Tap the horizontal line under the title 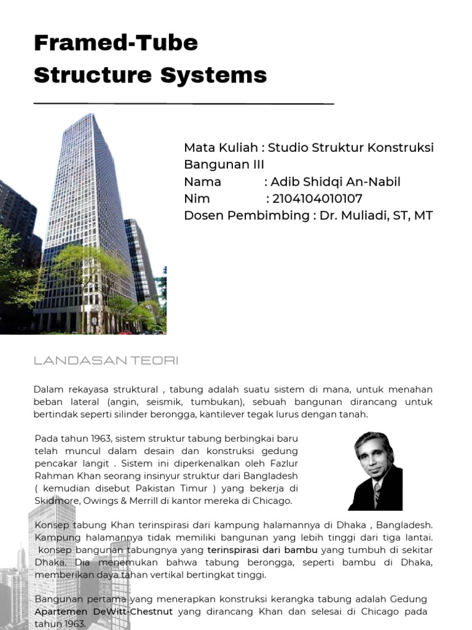pos(184,103)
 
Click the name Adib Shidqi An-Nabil pos(336,182)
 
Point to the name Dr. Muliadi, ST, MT pos(376,215)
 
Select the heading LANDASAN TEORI pos(106,361)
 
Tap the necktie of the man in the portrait pos(376,493)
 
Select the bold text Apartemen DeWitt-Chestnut pos(104,612)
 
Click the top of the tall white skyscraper pos(90,118)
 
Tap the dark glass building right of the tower pos(140,258)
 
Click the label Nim pos(197,199)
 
